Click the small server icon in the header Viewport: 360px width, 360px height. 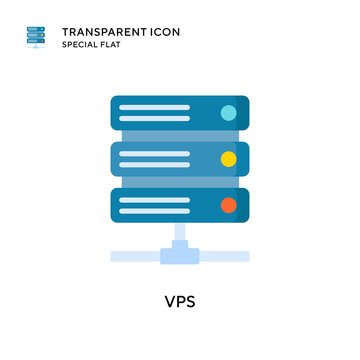click(37, 39)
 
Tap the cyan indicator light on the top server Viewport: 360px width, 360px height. click(228, 113)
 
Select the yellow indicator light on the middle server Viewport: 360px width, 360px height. click(228, 157)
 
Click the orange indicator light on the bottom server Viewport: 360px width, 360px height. click(228, 204)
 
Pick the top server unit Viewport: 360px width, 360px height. click(180, 114)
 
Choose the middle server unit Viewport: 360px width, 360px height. click(180, 159)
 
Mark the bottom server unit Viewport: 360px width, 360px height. click(180, 206)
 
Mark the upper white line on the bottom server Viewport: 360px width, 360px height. click(152, 199)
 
